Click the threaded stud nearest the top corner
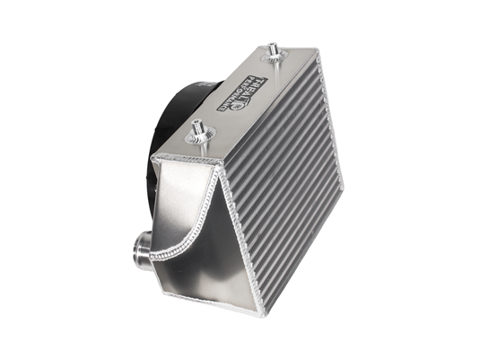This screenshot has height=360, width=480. (272, 49)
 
